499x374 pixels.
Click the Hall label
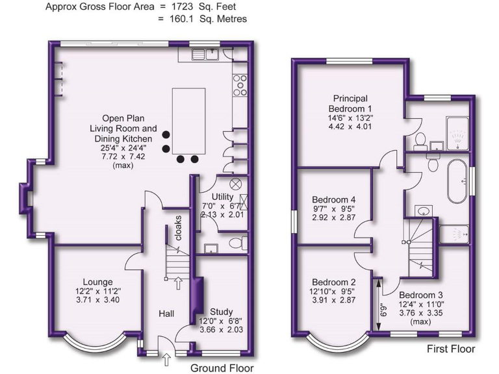pyautogui.click(x=166, y=314)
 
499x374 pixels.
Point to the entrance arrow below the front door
pyautogui.click(x=166, y=356)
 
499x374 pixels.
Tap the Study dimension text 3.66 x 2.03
pyautogui.click(x=220, y=330)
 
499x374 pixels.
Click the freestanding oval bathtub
pyautogui.click(x=455, y=180)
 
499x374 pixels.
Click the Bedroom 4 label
pyautogui.click(x=333, y=199)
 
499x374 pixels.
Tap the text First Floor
pyautogui.click(x=451, y=349)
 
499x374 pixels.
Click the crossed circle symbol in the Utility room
pyautogui.click(x=236, y=184)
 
